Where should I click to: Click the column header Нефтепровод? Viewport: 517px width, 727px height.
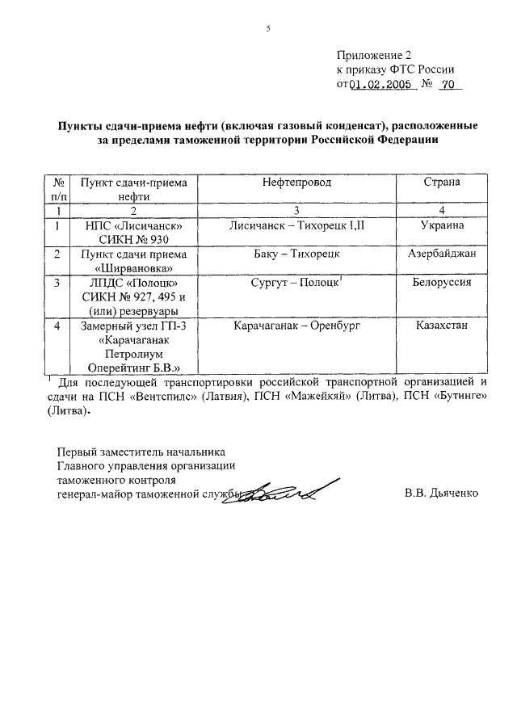tap(296, 183)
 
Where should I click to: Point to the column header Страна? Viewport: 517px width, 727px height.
tap(442, 183)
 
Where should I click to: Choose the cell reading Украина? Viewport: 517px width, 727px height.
tap(442, 226)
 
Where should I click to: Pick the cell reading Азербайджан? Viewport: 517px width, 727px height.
tap(442, 254)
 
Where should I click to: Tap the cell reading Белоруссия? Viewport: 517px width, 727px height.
tap(442, 283)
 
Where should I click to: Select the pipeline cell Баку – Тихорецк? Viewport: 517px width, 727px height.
tap(296, 254)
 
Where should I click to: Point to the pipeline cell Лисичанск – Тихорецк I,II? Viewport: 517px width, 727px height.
tap(296, 226)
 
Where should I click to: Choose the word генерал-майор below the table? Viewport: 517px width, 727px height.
tap(95, 492)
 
